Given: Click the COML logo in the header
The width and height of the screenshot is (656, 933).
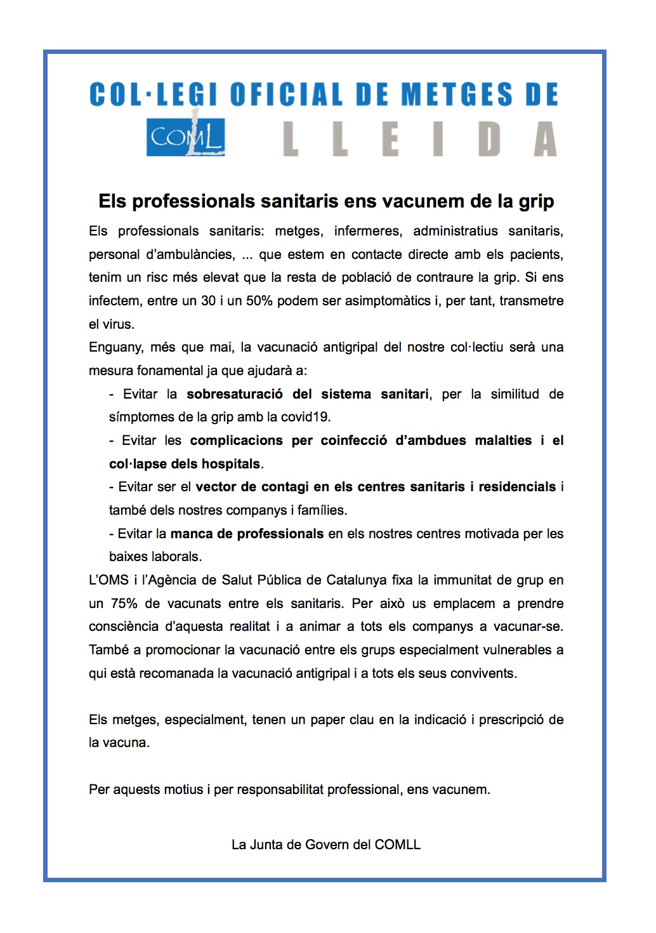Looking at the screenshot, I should (186, 137).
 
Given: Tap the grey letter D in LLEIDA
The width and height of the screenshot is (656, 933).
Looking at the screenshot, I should (489, 139).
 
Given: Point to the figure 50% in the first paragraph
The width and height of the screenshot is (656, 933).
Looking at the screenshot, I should (259, 301).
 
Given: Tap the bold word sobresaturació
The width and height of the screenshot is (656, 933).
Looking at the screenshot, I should (235, 394).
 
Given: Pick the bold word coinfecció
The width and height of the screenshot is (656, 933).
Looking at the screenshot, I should (354, 440).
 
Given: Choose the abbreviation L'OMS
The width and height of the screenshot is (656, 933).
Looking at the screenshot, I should (108, 580).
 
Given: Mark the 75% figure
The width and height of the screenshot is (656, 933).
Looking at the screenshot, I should (124, 604).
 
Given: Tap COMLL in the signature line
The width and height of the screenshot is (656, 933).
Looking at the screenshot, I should (398, 845).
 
